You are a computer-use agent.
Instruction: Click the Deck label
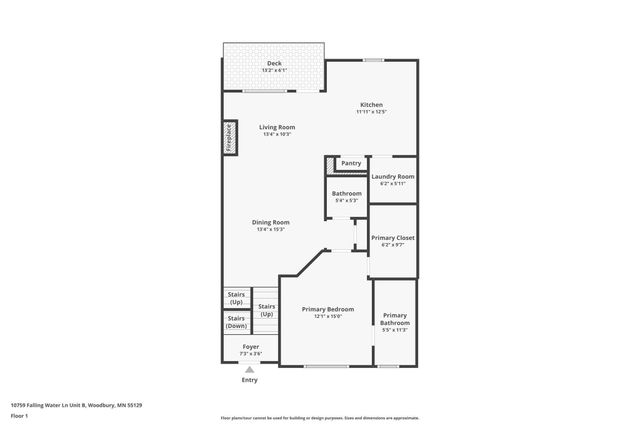pos(274,63)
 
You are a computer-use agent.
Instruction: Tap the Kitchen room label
pos(371,105)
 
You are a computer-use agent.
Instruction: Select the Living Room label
pos(277,127)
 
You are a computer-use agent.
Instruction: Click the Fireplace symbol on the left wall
pos(228,138)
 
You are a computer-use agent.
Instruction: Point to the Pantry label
pos(351,163)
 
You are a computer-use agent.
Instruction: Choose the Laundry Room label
pos(392,176)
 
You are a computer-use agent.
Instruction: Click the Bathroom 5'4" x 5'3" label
pos(346,194)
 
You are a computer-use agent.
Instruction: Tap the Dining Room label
pos(271,222)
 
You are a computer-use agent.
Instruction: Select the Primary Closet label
pos(392,238)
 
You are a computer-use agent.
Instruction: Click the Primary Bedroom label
pos(328,309)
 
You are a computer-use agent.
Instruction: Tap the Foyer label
pos(250,346)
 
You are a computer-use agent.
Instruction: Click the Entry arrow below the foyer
pos(250,369)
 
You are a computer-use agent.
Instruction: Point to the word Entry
pos(250,380)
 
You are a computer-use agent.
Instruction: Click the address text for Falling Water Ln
pos(76,405)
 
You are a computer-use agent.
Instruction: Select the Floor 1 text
pos(19,415)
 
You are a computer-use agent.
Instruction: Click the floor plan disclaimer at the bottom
pos(320,417)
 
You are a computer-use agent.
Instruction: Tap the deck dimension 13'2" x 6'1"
pos(274,70)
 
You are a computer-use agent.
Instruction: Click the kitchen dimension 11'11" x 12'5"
pos(371,112)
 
